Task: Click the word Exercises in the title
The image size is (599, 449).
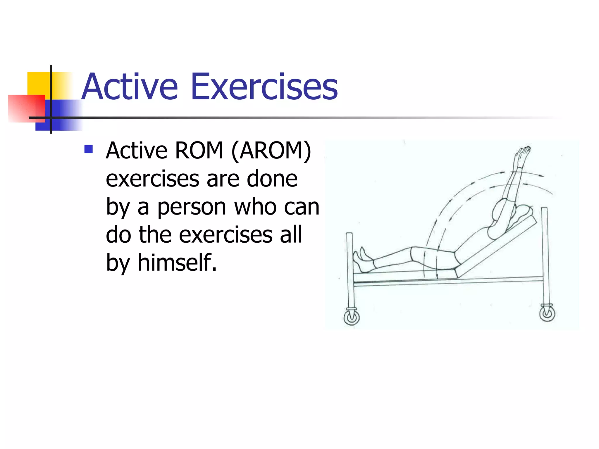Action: coord(264,87)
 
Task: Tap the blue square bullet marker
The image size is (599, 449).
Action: coord(88,149)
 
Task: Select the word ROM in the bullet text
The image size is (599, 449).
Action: coord(199,151)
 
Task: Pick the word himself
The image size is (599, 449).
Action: coord(177,263)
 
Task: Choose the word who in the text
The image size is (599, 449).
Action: coord(255,207)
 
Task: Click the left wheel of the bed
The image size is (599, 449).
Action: coord(351,317)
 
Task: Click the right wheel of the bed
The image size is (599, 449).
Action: coord(547,314)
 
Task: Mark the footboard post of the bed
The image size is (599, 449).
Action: coord(350,269)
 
